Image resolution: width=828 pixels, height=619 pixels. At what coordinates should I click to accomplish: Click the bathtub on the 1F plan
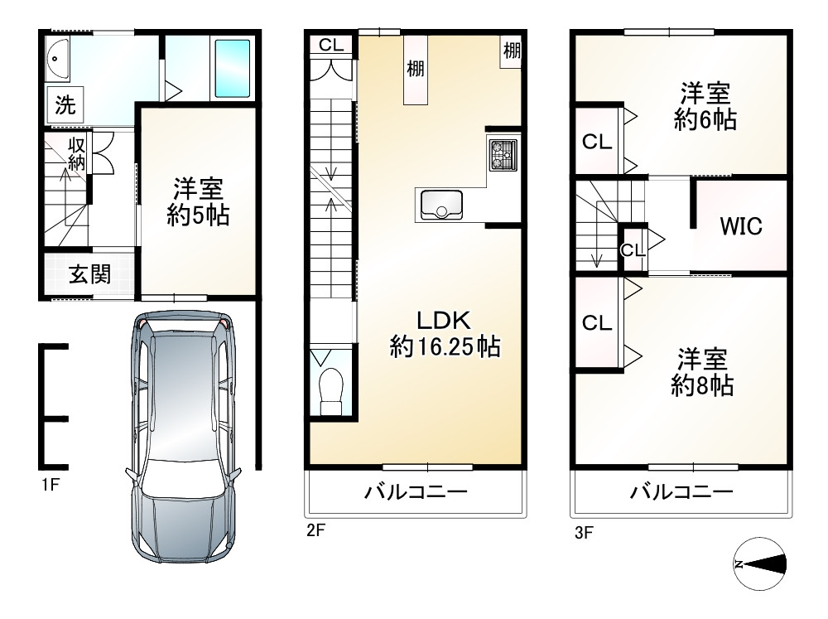pos(232,68)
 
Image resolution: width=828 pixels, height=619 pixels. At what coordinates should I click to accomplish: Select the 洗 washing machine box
pos(65,105)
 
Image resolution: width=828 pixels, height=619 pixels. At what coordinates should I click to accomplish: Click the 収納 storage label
pos(77,154)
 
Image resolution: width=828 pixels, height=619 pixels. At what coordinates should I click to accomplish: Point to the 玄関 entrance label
pos(89,274)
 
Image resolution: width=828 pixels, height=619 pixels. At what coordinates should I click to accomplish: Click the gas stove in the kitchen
pos(503,154)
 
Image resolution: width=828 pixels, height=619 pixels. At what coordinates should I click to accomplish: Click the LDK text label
pos(443,320)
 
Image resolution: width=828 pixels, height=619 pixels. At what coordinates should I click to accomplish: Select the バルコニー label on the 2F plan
pos(416,493)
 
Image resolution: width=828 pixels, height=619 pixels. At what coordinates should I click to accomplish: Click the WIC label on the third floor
pos(740,225)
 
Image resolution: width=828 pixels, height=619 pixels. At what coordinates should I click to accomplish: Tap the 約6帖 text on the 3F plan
pos(705,121)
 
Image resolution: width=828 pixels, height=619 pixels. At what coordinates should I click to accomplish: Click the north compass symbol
pos(759,565)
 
